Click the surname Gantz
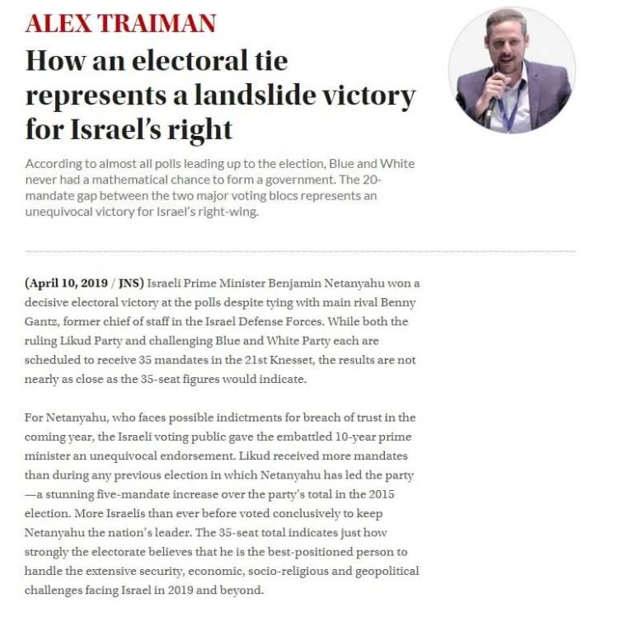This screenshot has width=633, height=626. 43,321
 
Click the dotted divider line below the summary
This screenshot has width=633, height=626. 300,250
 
